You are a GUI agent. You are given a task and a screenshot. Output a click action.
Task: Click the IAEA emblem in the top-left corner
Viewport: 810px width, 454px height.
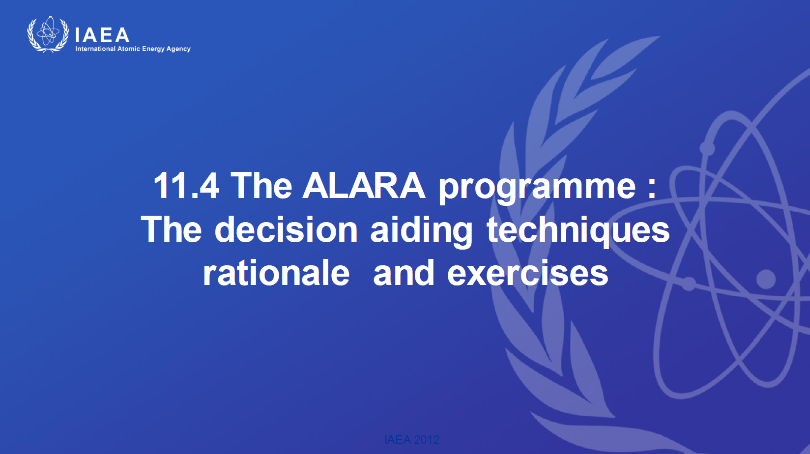pyautogui.click(x=48, y=34)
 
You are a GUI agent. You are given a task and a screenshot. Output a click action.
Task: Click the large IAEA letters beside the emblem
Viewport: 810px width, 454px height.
pyautogui.click(x=102, y=35)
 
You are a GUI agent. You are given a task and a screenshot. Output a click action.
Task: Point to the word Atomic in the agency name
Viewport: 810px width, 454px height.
pyautogui.click(x=128, y=49)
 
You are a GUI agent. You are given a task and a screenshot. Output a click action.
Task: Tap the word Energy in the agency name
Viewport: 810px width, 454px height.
pyautogui.click(x=153, y=49)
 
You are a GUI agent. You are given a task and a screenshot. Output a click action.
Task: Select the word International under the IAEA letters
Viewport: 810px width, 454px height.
pyautogui.click(x=95, y=49)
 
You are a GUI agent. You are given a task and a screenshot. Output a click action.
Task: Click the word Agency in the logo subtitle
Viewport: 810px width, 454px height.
pyautogui.click(x=178, y=49)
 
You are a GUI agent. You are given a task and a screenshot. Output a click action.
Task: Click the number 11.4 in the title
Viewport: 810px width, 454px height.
pyautogui.click(x=186, y=186)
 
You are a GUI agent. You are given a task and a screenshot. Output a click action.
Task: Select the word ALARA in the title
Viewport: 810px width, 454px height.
pyautogui.click(x=363, y=185)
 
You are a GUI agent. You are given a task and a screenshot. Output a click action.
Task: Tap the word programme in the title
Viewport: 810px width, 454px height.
pyautogui.click(x=537, y=189)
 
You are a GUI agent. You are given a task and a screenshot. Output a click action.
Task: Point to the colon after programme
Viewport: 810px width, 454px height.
pyautogui.click(x=652, y=189)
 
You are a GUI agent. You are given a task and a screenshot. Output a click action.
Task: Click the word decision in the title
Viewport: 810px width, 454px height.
pyautogui.click(x=286, y=229)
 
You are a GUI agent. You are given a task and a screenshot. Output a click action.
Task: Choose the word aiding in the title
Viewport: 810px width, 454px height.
pyautogui.click(x=421, y=232)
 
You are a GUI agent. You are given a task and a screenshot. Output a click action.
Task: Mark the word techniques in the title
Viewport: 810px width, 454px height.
pyautogui.click(x=578, y=232)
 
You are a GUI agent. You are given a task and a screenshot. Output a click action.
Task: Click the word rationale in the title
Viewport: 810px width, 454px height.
pyautogui.click(x=276, y=273)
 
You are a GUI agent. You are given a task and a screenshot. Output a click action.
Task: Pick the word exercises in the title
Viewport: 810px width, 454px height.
pyautogui.click(x=528, y=273)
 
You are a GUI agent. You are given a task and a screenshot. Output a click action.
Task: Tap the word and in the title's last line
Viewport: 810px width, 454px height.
pyautogui.click(x=404, y=273)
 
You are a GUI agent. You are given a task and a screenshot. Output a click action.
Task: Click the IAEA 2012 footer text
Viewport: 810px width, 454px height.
pyautogui.click(x=411, y=440)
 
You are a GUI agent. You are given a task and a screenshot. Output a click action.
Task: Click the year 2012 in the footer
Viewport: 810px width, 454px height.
pyautogui.click(x=427, y=440)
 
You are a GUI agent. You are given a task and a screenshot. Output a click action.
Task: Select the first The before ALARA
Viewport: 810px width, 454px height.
pyautogui.click(x=260, y=185)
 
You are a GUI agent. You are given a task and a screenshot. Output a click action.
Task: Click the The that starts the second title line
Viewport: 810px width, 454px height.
pyautogui.click(x=171, y=229)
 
